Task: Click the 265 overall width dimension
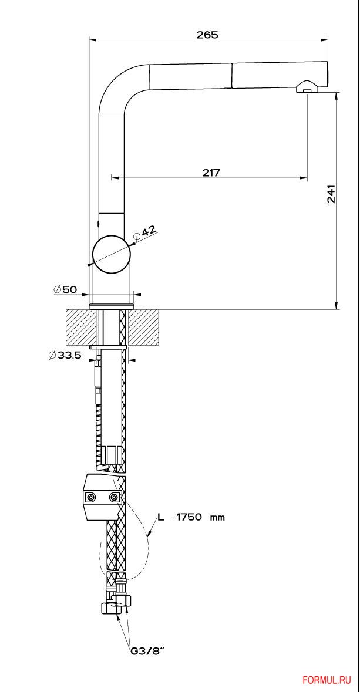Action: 208,35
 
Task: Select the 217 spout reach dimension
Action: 211,173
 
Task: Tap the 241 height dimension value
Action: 331,194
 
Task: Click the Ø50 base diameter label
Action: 65,289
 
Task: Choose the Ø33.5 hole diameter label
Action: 65,355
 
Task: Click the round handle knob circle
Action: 112,255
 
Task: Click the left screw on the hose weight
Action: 92,497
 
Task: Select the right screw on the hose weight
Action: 115,497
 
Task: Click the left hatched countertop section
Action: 81,328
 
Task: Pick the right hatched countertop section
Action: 143,328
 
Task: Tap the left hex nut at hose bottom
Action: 109,607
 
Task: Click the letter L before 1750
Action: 162,517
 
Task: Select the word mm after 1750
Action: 217,518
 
